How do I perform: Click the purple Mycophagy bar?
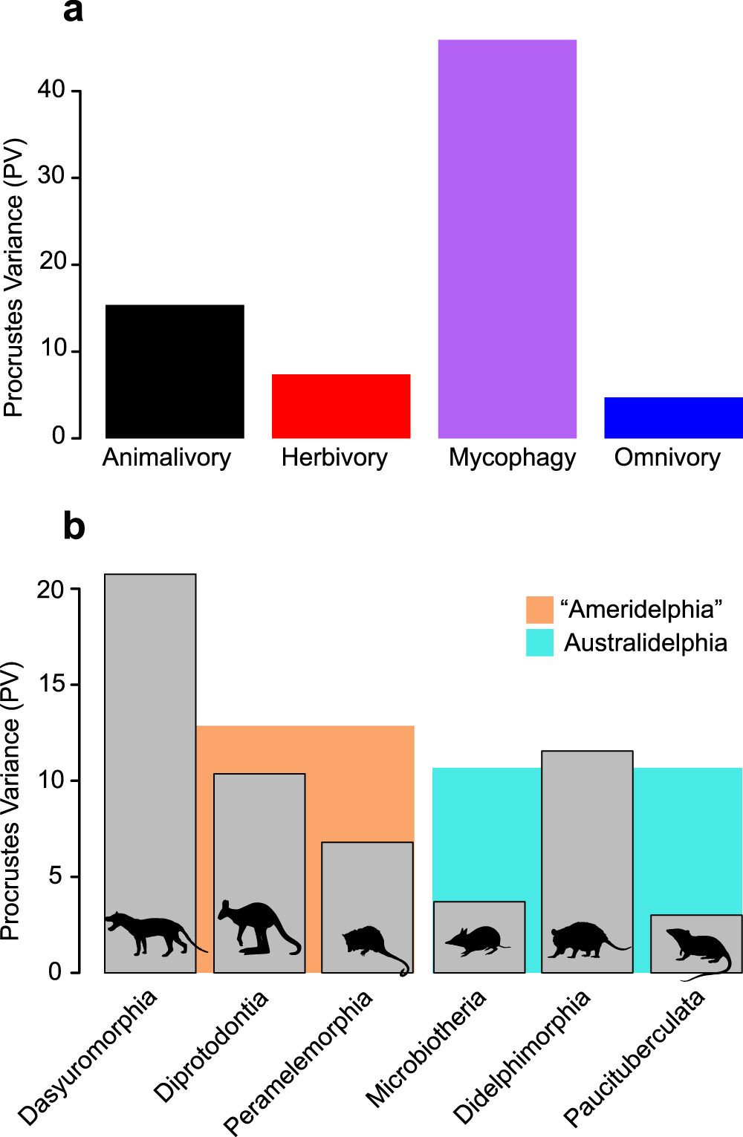pyautogui.click(x=507, y=238)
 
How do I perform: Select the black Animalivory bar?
pyautogui.click(x=175, y=371)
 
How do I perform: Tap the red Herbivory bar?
pyautogui.click(x=341, y=406)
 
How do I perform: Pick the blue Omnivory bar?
pyautogui.click(x=673, y=417)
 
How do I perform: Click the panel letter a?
pyautogui.click(x=73, y=12)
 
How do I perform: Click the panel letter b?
pyautogui.click(x=74, y=526)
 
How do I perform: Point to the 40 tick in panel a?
pyautogui.click(x=52, y=90)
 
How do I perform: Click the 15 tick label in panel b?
pyautogui.click(x=52, y=684)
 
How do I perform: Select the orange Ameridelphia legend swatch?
pyautogui.click(x=539, y=609)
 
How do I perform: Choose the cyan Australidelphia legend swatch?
pyautogui.click(x=539, y=642)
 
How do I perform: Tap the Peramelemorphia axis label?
pyautogui.click(x=298, y=1062)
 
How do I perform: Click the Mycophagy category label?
pyautogui.click(x=512, y=458)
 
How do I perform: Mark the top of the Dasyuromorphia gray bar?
pyautogui.click(x=150, y=575)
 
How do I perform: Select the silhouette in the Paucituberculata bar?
pyautogui.click(x=698, y=948)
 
